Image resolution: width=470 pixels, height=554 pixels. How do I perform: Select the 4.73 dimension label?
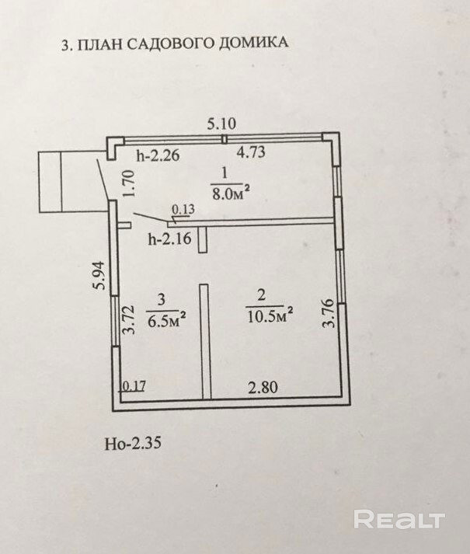click(251, 152)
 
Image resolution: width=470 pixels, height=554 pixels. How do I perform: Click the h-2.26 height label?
click(158, 155)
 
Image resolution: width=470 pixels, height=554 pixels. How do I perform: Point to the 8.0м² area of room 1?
click(230, 190)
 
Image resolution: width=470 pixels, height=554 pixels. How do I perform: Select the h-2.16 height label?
click(169, 239)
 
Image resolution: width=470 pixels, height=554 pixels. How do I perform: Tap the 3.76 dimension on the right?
click(329, 312)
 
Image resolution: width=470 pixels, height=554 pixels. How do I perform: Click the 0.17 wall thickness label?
click(134, 385)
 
